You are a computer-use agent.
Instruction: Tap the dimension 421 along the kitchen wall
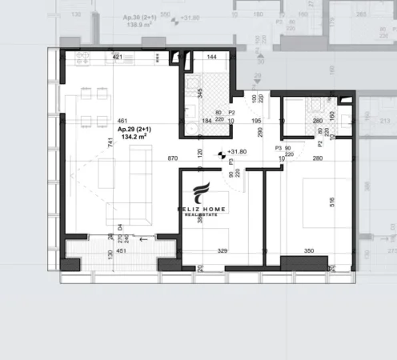tap(117, 58)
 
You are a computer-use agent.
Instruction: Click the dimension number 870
tap(172, 159)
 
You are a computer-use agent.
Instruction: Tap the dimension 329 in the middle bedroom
tap(223, 251)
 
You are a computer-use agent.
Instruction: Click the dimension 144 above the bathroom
tap(212, 58)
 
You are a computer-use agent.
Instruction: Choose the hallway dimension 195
tap(257, 121)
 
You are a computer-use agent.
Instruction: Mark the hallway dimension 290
tap(260, 132)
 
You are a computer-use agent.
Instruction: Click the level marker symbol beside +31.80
tap(222, 152)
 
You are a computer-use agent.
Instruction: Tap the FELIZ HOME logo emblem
tap(202, 194)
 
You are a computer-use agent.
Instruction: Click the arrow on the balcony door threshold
tap(144, 238)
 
